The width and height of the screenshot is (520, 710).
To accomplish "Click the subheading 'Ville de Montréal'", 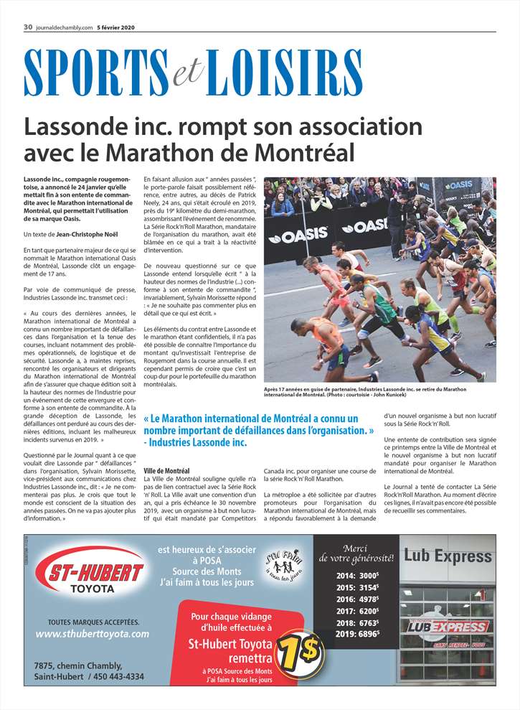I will pyautogui.click(x=166, y=470).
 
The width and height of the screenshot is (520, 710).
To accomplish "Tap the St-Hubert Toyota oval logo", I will pyautogui.click(x=95, y=574).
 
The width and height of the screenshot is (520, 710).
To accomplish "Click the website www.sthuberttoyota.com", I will pyautogui.click(x=92, y=634).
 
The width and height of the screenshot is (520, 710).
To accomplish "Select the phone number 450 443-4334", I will pyautogui.click(x=115, y=676).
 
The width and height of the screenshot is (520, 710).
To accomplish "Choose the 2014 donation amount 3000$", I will pyautogui.click(x=368, y=576).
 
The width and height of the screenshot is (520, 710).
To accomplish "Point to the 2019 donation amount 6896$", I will pyautogui.click(x=368, y=634).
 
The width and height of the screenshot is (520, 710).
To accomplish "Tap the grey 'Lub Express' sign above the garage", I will pyautogui.click(x=448, y=556).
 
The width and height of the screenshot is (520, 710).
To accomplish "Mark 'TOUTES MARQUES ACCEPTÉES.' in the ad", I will pyautogui.click(x=93, y=621).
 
